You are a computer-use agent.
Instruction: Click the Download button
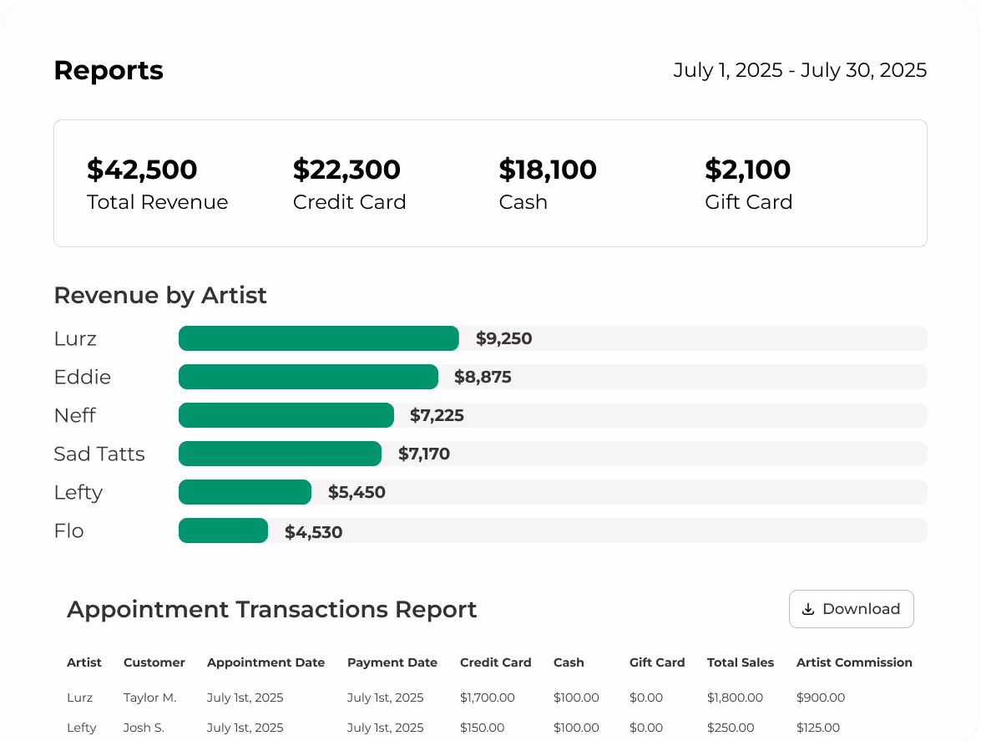[x=851, y=609]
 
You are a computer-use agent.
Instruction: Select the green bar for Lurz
[x=318, y=338]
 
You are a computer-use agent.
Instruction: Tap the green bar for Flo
[x=223, y=530]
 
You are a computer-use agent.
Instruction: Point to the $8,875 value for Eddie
[x=483, y=377]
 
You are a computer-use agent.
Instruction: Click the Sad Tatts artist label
[x=99, y=454]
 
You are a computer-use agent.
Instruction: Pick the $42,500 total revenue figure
[x=142, y=170]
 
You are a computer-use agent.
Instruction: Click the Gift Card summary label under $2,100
[x=748, y=202]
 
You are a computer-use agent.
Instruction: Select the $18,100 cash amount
[x=548, y=170]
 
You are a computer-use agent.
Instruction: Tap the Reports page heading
[x=109, y=70]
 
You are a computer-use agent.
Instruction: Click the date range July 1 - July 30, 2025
[x=800, y=70]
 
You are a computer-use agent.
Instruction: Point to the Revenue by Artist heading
[x=160, y=295]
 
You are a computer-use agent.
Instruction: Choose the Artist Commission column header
[x=854, y=662]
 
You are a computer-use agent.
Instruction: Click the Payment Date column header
[x=392, y=662]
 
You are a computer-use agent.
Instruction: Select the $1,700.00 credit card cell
[x=488, y=698]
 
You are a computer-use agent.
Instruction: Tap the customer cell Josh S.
[x=144, y=728]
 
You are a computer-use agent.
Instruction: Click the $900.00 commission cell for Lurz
[x=821, y=698]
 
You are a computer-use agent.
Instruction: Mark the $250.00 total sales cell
[x=731, y=728]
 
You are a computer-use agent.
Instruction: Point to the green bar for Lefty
[x=245, y=492]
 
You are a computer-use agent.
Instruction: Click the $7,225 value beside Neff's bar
[x=437, y=415]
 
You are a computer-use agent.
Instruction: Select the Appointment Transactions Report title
[x=272, y=609]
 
